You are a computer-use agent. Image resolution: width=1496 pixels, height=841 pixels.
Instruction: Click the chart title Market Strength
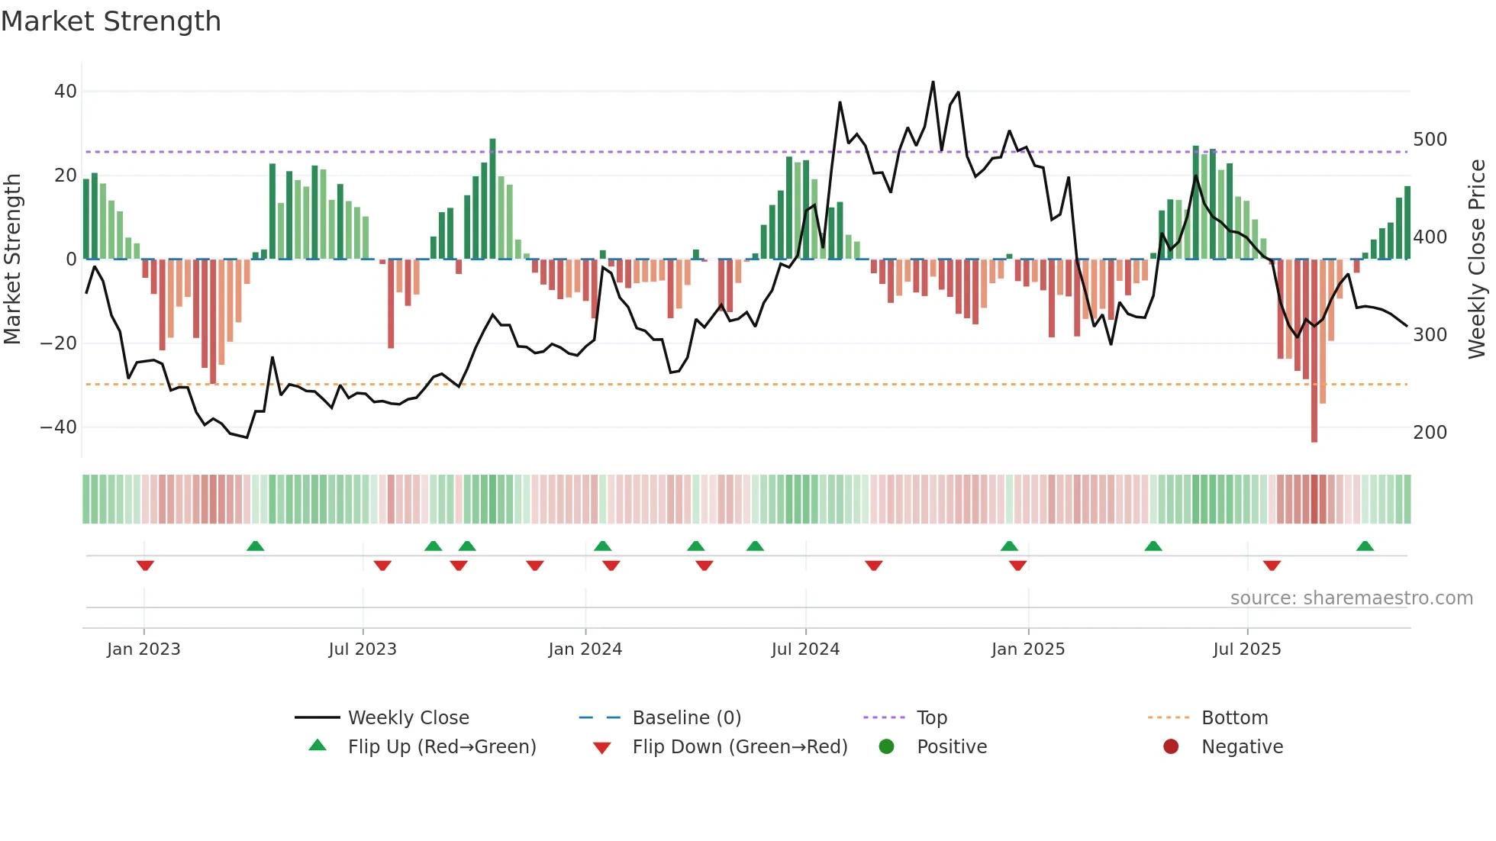[x=111, y=21]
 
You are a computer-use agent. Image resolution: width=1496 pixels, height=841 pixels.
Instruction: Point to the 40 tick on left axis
[x=66, y=92]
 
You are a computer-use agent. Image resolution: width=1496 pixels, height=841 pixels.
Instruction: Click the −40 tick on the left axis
[x=59, y=427]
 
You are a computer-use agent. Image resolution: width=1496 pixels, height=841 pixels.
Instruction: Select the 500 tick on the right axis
[x=1430, y=140]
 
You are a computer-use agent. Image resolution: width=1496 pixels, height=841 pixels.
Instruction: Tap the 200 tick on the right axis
[x=1430, y=433]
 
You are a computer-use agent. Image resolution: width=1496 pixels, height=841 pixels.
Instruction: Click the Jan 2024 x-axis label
[x=585, y=649]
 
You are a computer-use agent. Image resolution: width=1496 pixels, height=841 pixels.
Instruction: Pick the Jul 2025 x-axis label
[x=1246, y=649]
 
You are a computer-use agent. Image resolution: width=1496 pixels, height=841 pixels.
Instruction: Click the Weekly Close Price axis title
[x=1477, y=259]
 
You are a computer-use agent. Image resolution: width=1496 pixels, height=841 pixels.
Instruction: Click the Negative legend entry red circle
[x=1171, y=747]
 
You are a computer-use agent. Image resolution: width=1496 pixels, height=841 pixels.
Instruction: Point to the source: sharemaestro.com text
[x=1351, y=598]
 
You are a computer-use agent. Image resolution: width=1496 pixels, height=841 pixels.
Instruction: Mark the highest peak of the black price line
[x=933, y=82]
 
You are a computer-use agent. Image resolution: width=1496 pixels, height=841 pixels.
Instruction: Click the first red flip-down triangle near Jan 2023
[x=145, y=565]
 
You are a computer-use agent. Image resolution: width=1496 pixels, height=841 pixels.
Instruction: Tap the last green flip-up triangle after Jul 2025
[x=1365, y=546]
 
